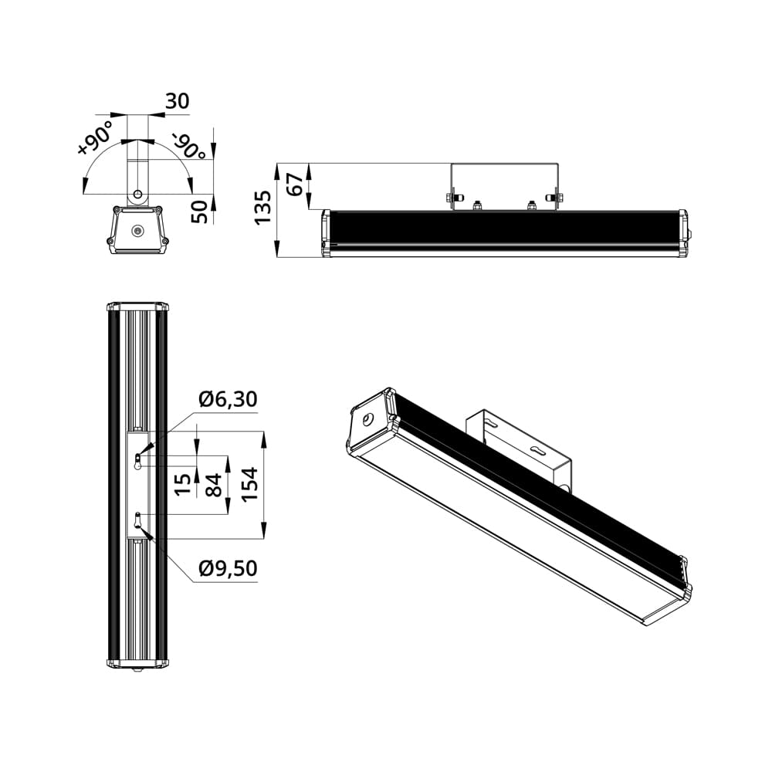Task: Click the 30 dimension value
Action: (x=178, y=101)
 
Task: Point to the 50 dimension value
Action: (x=199, y=212)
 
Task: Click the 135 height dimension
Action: (x=262, y=208)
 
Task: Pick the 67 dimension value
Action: (x=295, y=185)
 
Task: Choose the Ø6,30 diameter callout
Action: (x=228, y=399)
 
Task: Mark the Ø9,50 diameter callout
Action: (x=228, y=569)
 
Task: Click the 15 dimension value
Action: (x=183, y=485)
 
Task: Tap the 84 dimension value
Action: (x=214, y=485)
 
